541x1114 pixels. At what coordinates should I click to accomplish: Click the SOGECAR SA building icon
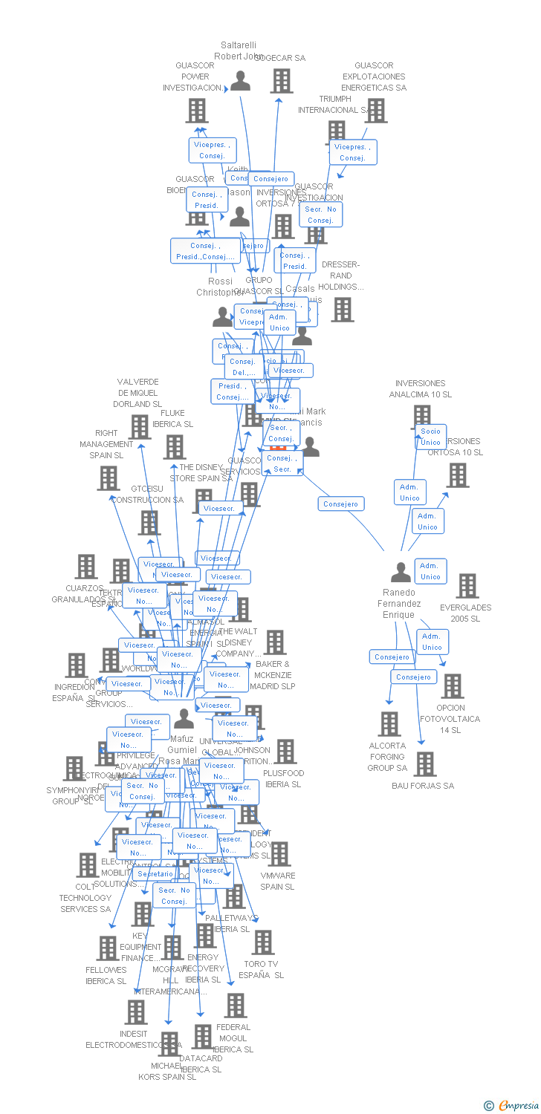(282, 80)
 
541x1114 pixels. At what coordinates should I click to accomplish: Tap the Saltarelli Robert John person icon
(240, 80)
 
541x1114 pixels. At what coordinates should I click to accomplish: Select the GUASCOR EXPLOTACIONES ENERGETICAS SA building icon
(376, 110)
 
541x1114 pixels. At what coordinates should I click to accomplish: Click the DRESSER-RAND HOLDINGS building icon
(343, 310)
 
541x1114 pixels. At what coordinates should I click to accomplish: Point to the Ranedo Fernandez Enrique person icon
(401, 573)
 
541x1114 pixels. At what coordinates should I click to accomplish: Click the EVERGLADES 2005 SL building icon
(467, 586)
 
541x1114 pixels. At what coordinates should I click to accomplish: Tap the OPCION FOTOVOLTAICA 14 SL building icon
(452, 686)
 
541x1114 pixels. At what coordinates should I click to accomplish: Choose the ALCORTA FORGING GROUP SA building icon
(389, 723)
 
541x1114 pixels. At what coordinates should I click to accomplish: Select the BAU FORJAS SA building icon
(425, 763)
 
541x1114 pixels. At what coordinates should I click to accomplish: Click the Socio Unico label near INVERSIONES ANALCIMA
(431, 437)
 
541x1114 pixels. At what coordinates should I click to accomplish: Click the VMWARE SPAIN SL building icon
(279, 854)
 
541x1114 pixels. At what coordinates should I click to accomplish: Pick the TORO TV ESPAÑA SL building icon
(262, 942)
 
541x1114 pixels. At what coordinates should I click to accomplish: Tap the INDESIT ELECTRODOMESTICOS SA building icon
(136, 1012)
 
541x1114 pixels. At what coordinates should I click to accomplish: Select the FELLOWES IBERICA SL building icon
(108, 948)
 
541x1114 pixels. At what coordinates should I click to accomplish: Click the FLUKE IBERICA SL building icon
(175, 446)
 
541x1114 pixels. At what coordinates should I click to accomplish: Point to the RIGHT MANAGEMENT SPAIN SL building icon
(108, 478)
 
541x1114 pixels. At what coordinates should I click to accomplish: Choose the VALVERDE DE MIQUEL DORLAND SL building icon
(140, 427)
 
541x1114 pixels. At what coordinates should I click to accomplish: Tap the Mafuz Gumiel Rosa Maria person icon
(184, 719)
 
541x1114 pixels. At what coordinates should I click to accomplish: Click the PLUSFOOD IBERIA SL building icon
(285, 752)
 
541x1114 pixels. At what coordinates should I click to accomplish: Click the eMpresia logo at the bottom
(512, 1106)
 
